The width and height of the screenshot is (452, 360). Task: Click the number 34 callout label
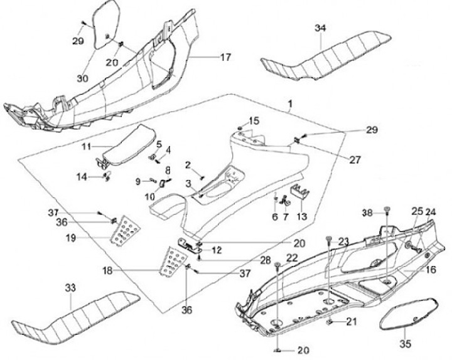click(321, 28)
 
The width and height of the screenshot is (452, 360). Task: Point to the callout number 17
click(225, 57)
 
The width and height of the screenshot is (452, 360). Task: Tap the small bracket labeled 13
click(300, 195)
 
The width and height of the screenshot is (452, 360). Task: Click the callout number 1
click(290, 102)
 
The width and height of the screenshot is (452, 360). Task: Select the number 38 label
click(367, 214)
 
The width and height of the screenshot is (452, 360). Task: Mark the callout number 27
click(355, 160)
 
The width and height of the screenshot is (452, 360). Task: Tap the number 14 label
click(82, 177)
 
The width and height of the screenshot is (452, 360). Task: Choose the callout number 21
click(351, 322)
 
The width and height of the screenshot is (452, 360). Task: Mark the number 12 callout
click(217, 250)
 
